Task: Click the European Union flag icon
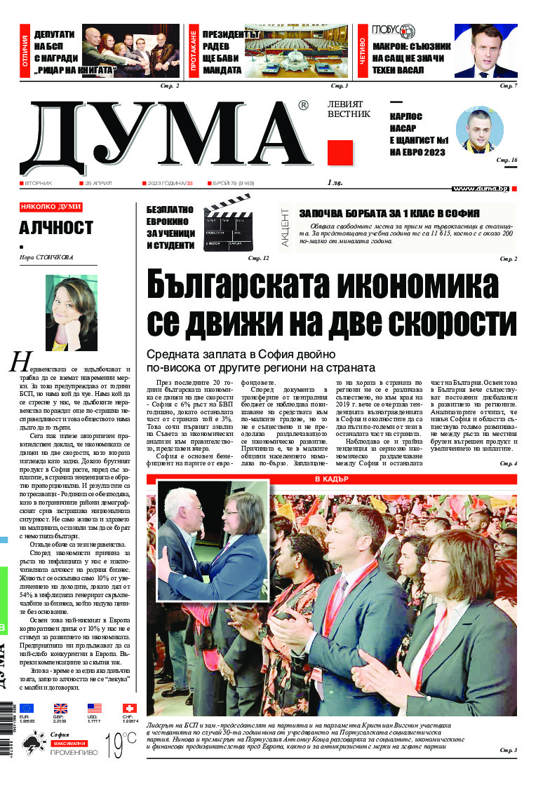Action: pyautogui.click(x=27, y=709)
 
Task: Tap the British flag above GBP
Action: pyautogui.click(x=61, y=709)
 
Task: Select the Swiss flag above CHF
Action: pyautogui.click(x=129, y=709)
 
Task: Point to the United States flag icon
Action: pyautogui.click(x=95, y=709)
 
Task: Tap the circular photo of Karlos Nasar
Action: pyautogui.click(x=480, y=132)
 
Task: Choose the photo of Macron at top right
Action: pyautogui.click(x=486, y=51)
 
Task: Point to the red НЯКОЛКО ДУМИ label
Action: pyautogui.click(x=51, y=207)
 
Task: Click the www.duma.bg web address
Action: pyautogui.click(x=480, y=189)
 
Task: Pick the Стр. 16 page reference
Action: pyautogui.click(x=506, y=161)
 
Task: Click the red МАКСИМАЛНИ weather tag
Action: pyautogui.click(x=68, y=742)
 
